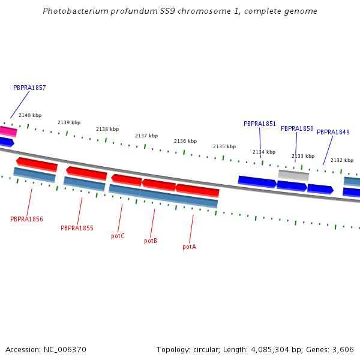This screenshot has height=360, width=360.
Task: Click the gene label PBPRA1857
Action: (x=29, y=88)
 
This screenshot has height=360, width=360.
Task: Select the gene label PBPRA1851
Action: (x=260, y=124)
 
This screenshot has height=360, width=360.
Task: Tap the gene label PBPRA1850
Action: (x=297, y=128)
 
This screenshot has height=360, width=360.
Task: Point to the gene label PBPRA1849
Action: (x=333, y=132)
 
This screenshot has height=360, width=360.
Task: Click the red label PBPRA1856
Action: (x=26, y=219)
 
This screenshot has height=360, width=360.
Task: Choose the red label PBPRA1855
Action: (x=77, y=228)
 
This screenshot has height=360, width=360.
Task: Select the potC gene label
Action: (x=118, y=236)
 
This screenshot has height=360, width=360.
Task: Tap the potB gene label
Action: (x=151, y=241)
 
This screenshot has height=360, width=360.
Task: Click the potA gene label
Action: (x=189, y=247)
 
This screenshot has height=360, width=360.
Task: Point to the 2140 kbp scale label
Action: (x=30, y=115)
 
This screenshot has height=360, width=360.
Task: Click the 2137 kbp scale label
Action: (x=146, y=136)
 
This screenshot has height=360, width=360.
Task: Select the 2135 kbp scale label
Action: (x=224, y=146)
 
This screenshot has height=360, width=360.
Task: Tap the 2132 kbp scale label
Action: (x=342, y=160)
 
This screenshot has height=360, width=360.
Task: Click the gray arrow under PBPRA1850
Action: (x=293, y=175)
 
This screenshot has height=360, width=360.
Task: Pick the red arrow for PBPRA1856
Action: (x=37, y=163)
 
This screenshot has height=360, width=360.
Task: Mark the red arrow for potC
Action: (x=127, y=179)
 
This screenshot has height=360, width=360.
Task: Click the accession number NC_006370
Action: (x=63, y=349)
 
